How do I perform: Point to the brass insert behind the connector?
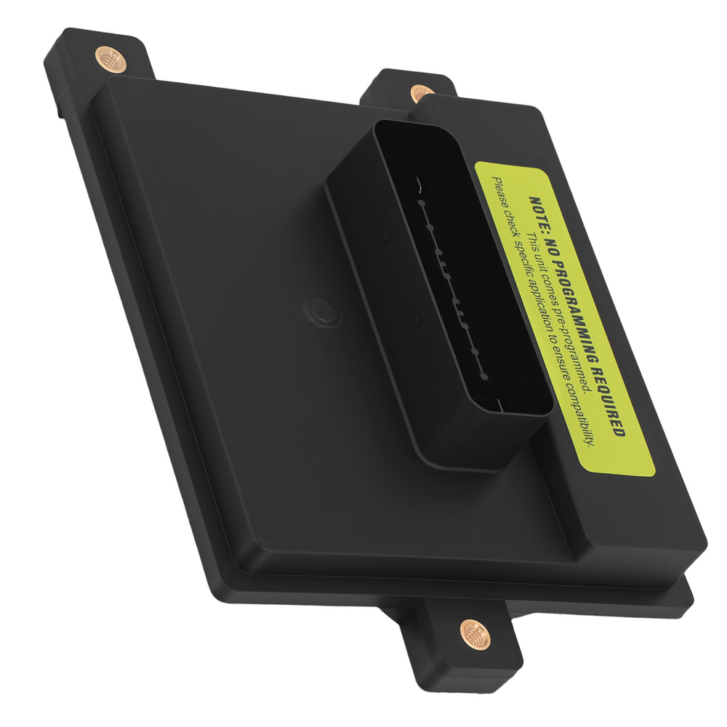pyautogui.click(x=420, y=93)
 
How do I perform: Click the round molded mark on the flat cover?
pyautogui.click(x=319, y=309)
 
